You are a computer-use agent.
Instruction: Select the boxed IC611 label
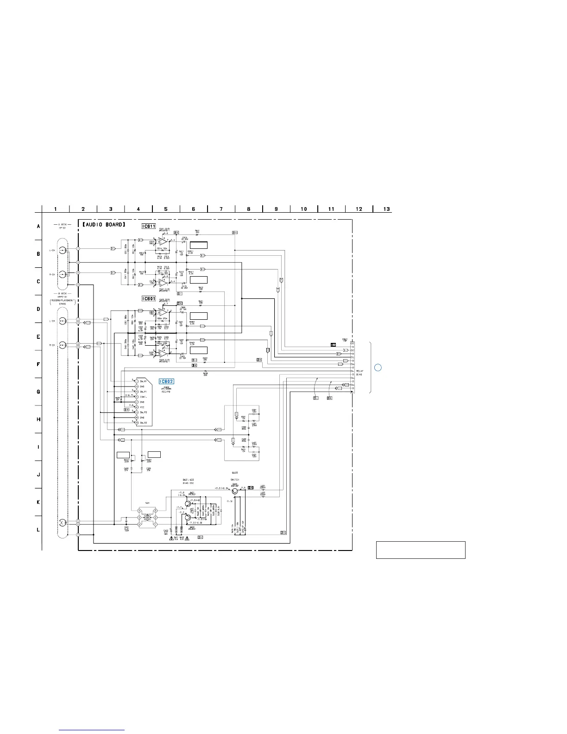coord(149,226)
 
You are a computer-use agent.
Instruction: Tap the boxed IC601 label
coord(149,299)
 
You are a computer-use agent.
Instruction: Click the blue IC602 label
coord(166,381)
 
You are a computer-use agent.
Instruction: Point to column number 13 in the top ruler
coord(386,209)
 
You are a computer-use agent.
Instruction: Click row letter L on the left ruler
coord(38,530)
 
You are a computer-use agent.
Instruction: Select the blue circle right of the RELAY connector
coord(378,368)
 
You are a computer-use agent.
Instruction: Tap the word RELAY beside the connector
coord(359,371)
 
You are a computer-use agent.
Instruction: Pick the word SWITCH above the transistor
coord(234,480)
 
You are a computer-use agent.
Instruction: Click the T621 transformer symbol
coord(148,519)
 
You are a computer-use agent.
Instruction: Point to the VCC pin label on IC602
coord(142,407)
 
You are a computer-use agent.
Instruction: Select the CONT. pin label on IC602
coord(144,397)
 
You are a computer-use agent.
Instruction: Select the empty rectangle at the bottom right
coord(420,550)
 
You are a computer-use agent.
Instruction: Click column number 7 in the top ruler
coord(221,209)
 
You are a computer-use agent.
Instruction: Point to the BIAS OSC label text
coord(188,483)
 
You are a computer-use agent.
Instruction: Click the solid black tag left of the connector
coord(333,345)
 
